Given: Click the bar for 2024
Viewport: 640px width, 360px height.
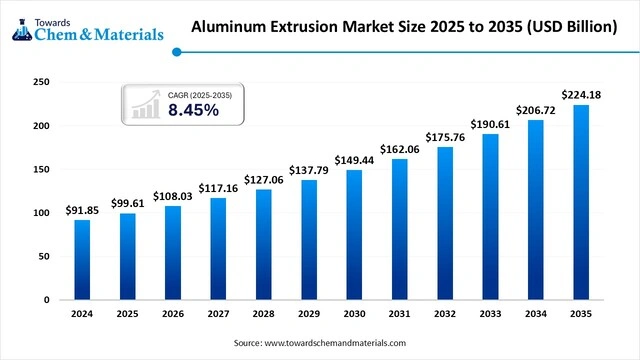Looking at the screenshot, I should coord(82,259).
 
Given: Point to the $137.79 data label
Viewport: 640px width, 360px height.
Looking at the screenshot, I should coord(308,168).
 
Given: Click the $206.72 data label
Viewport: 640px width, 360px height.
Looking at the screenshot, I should coord(535,108).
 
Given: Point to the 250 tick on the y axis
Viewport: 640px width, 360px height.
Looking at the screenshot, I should coord(41,82).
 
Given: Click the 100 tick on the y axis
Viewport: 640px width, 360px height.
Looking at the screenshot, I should coord(41,213).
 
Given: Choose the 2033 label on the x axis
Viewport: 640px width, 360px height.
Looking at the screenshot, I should coord(489,313).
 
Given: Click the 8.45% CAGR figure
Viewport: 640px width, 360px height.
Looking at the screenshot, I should coord(193,110).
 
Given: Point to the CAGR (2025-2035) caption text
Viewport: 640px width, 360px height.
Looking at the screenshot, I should coord(200,94).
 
